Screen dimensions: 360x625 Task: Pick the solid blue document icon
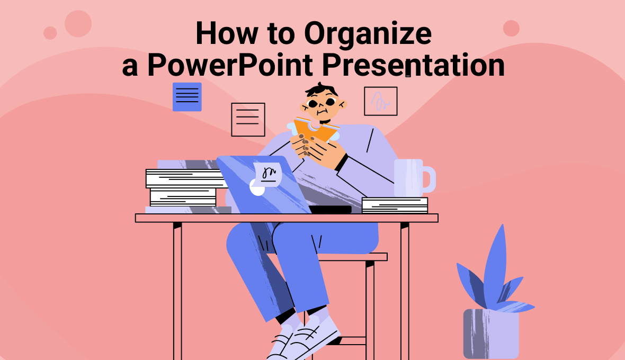click(x=187, y=96)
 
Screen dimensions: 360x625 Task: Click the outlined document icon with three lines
click(x=248, y=119)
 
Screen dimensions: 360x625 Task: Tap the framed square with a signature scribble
click(x=380, y=101)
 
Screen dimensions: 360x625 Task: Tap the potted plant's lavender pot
click(x=491, y=334)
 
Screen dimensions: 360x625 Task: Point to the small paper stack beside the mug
click(x=395, y=205)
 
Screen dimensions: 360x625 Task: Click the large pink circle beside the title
click(x=78, y=23)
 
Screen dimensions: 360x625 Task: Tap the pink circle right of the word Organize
click(x=511, y=28)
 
